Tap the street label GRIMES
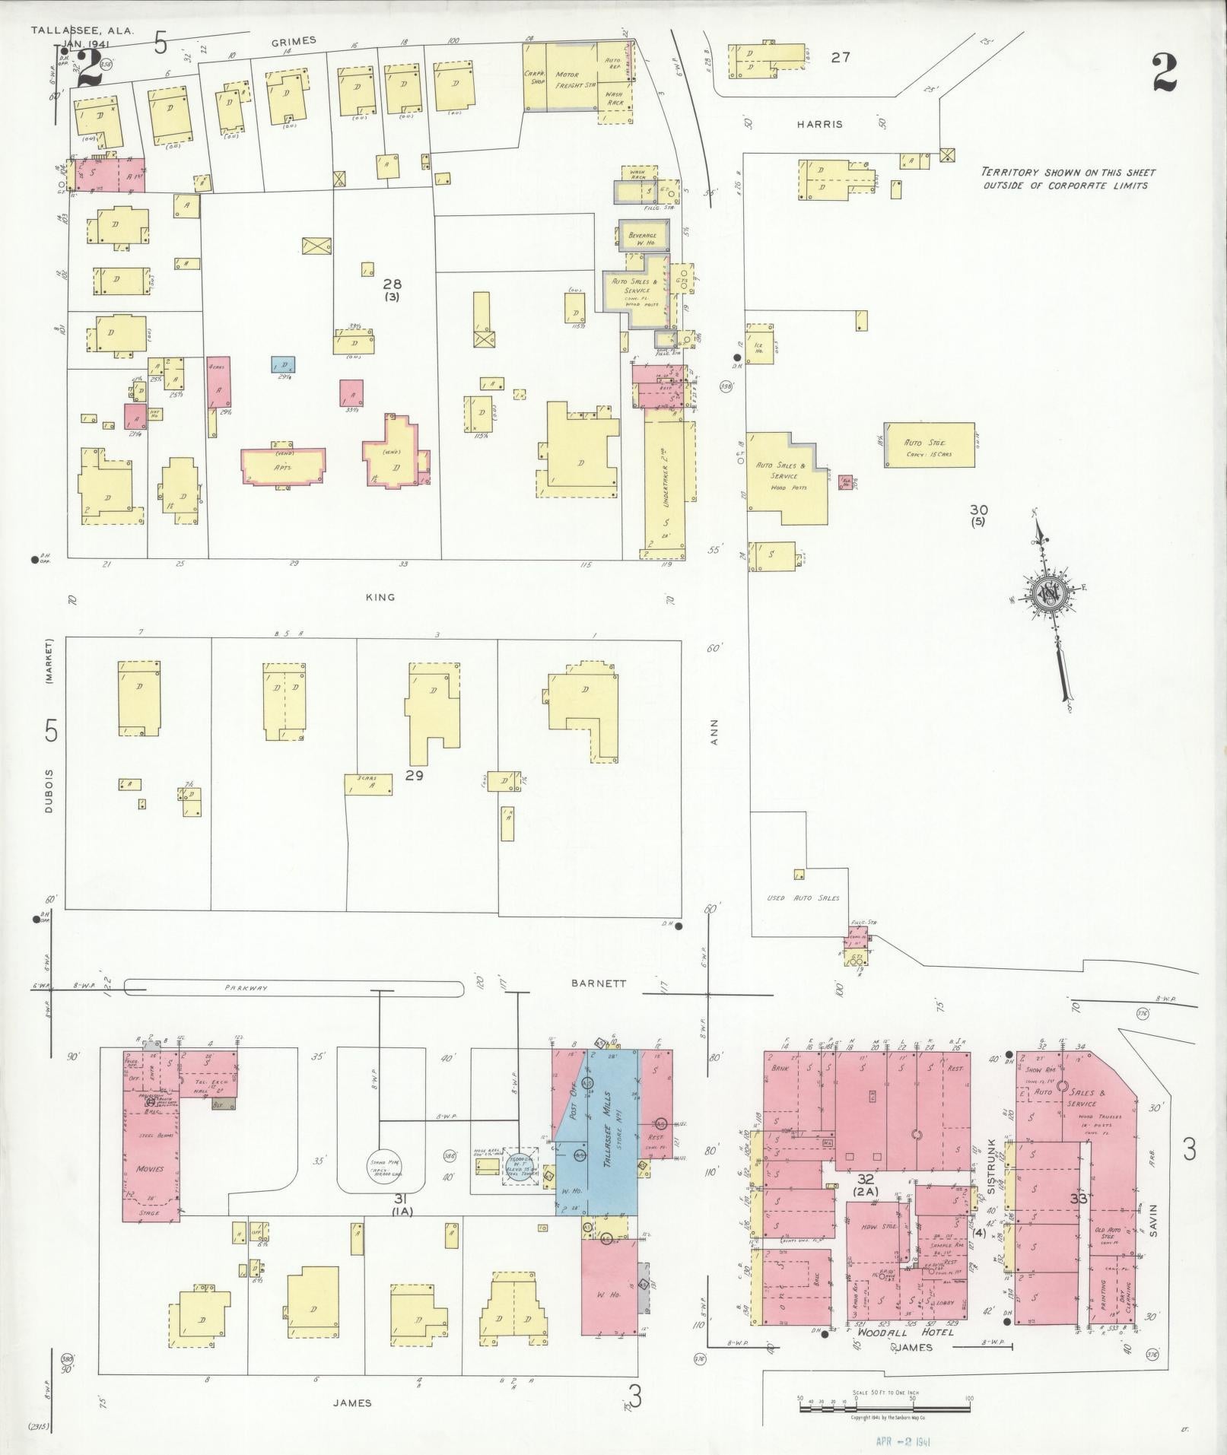click(293, 41)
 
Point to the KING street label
click(380, 597)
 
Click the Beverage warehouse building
click(644, 238)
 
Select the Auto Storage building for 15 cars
click(929, 445)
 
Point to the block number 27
click(840, 56)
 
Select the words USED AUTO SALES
click(803, 897)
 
